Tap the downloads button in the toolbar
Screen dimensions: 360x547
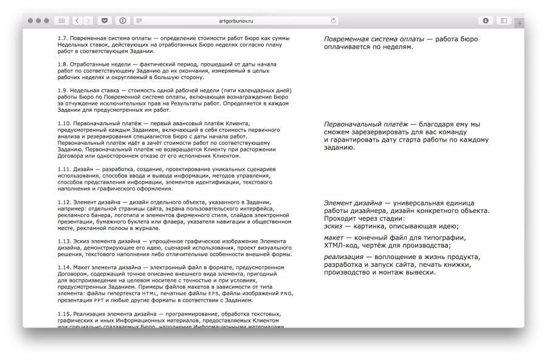tap(485, 21)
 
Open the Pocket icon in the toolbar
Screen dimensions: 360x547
tap(105, 21)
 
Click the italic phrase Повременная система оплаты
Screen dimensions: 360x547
tap(373, 39)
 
